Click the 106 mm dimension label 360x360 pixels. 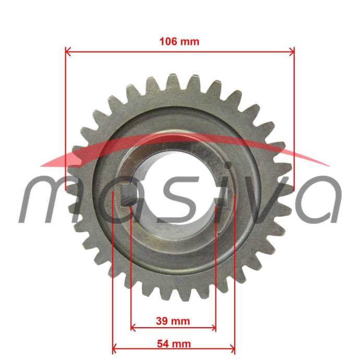(x=179, y=42)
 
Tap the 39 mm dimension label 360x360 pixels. (x=173, y=321)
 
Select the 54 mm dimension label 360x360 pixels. (x=174, y=344)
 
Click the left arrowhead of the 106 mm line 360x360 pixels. (x=68, y=52)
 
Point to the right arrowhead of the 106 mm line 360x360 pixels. (x=292, y=52)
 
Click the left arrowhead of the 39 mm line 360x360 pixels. (x=133, y=328)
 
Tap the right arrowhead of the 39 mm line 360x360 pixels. (x=213, y=328)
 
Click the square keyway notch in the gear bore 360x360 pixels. (x=128, y=196)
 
